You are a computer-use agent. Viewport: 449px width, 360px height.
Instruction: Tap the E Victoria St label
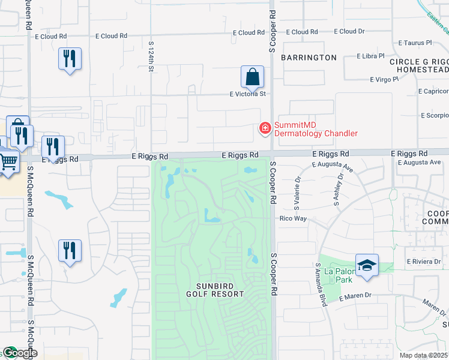pos(248,94)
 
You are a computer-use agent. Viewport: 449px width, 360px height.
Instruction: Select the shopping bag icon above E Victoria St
pos(253,77)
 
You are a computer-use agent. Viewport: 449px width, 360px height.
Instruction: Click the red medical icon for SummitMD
pos(264,128)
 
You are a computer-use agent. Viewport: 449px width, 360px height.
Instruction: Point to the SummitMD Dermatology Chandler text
pos(316,129)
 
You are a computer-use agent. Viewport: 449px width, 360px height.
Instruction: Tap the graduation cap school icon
pos(367,265)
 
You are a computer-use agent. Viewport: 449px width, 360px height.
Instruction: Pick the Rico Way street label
pos(294,218)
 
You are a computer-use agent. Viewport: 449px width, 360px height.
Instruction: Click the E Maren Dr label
pos(356,296)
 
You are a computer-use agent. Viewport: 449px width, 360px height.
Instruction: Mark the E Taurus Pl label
pos(415,43)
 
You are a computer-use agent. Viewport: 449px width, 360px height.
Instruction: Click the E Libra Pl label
pos(374,56)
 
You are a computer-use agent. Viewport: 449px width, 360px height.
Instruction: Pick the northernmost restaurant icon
pos(70,59)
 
